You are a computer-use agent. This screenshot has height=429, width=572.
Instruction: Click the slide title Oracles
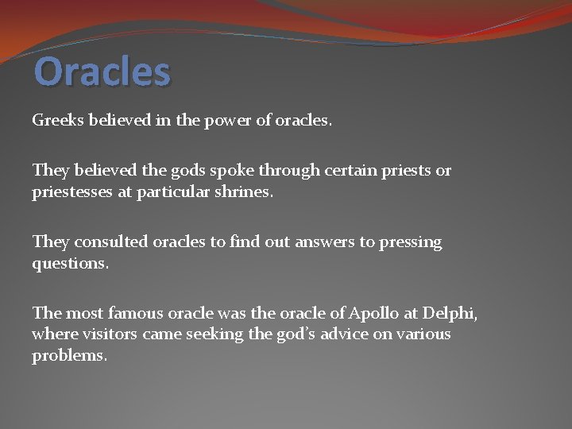tap(102, 71)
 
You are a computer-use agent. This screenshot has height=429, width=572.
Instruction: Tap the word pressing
tap(411, 242)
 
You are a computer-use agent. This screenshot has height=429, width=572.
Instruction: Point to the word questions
tap(69, 264)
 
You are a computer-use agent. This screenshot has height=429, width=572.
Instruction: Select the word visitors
tap(110, 334)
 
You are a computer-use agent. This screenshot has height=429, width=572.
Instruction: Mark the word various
tap(422, 334)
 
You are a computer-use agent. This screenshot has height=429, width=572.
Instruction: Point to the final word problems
tap(68, 356)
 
